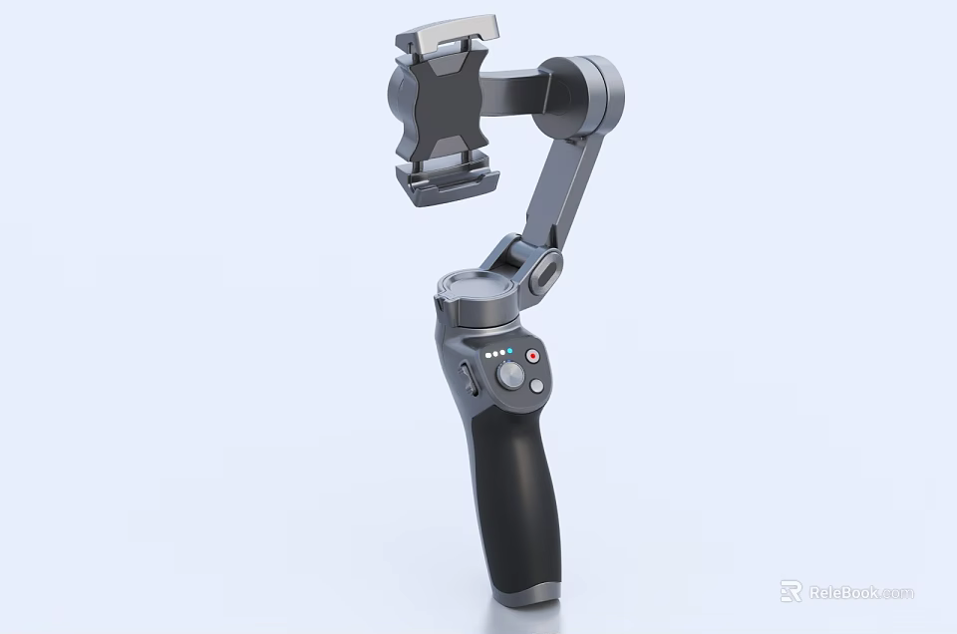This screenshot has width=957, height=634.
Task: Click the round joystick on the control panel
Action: pos(510,376)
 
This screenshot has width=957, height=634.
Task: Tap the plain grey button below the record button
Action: pos(537,386)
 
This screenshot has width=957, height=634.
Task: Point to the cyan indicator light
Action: pos(510,352)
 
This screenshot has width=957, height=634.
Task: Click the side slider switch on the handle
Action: pos(468,379)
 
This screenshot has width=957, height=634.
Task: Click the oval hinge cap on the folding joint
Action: pos(545,273)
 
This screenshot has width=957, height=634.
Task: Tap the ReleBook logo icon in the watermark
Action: pos(791,592)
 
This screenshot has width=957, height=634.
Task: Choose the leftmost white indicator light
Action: pos(486,353)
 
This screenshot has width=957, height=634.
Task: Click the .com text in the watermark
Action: pos(896,593)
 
